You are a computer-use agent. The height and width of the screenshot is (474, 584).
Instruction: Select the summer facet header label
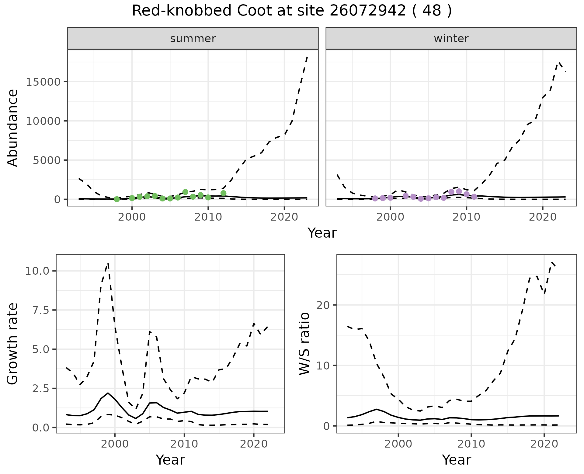click(193, 39)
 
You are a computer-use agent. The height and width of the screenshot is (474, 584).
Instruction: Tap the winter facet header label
click(451, 39)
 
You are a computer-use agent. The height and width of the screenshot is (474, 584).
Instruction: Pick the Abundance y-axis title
click(13, 128)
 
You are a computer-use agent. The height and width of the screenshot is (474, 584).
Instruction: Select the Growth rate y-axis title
click(13, 344)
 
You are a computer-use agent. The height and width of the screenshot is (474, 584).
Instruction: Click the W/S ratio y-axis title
click(304, 344)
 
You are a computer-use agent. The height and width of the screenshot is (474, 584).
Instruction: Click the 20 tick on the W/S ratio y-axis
click(323, 305)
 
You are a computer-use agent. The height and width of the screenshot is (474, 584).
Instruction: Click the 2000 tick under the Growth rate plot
click(115, 444)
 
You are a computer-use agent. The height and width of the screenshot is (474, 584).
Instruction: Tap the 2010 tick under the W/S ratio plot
click(471, 444)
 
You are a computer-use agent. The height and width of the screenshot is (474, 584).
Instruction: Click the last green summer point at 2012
click(224, 193)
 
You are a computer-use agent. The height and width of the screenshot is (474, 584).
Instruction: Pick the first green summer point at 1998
click(117, 199)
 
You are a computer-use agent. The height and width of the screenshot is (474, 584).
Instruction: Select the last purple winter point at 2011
click(474, 197)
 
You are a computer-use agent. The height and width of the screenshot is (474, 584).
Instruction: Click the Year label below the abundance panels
click(322, 233)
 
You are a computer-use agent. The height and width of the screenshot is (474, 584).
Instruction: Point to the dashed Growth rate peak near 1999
click(108, 264)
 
